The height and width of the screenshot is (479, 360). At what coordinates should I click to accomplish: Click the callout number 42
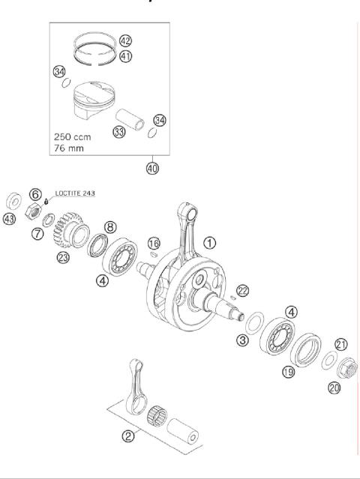pyautogui.click(x=125, y=41)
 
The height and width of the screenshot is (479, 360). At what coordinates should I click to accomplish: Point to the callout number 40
pyautogui.click(x=152, y=168)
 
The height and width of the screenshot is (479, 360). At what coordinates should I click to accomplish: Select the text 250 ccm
pyautogui.click(x=74, y=137)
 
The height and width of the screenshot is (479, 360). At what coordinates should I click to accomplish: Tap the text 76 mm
pyautogui.click(x=70, y=149)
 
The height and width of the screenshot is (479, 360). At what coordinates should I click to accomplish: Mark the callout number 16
pyautogui.click(x=153, y=243)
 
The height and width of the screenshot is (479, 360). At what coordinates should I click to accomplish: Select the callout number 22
pyautogui.click(x=241, y=290)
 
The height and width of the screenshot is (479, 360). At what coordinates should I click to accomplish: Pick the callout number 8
pyautogui.click(x=109, y=226)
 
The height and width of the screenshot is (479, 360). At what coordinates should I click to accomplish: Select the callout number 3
pyautogui.click(x=242, y=341)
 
